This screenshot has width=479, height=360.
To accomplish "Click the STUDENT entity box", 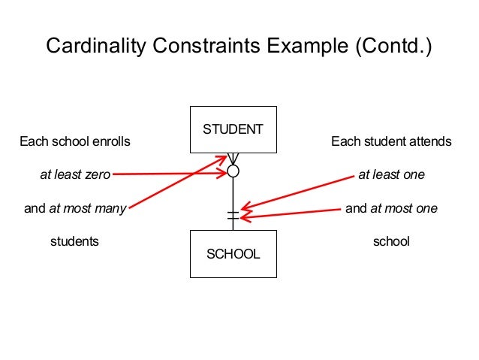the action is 233,129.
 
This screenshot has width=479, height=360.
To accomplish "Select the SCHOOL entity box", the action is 233,253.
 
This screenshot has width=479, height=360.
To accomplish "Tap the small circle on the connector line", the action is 233,171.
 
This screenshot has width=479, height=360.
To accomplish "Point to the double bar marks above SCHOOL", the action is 233,216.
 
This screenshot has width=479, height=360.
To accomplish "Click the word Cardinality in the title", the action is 94,46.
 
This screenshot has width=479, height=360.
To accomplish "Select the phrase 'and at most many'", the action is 74,208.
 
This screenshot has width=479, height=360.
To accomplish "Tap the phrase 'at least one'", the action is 391,175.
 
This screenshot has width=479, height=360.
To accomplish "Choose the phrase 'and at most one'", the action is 391,208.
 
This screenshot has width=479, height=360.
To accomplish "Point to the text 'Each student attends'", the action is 391,141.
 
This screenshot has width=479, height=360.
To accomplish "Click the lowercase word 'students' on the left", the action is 74,242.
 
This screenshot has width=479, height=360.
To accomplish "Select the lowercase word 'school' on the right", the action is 391,242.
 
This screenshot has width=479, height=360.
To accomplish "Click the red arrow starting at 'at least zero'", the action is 169,174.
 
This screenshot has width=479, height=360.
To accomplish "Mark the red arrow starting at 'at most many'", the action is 176,183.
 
